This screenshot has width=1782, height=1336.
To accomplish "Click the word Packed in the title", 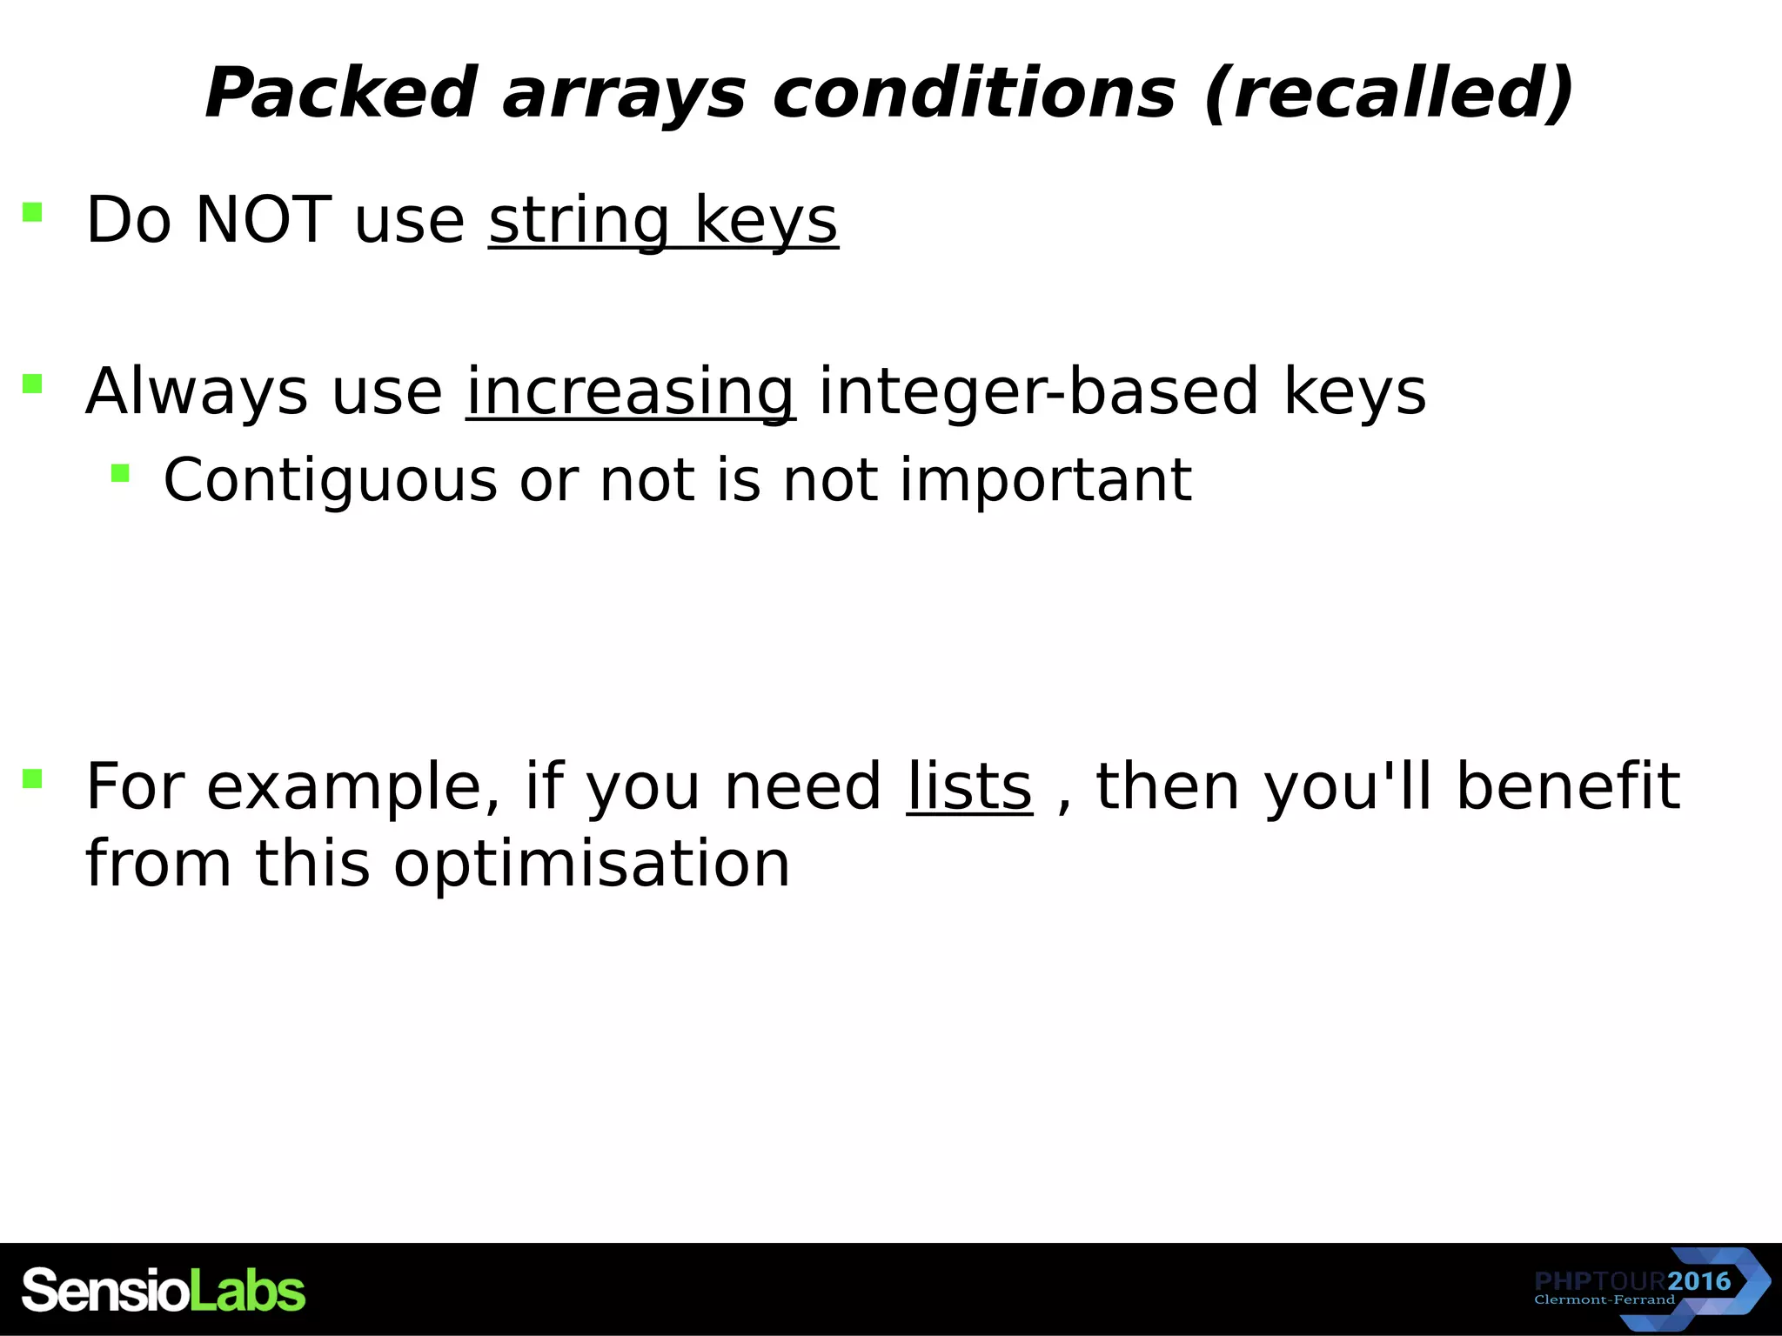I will (x=340, y=93).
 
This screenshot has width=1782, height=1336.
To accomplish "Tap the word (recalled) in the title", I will (x=1390, y=93).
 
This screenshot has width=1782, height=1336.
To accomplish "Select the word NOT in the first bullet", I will (x=261, y=220).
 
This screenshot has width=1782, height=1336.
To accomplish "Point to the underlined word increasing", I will (x=630, y=391).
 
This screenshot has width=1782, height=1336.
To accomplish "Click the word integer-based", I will (x=1039, y=391).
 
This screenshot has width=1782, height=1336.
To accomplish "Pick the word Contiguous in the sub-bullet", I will (x=331, y=480).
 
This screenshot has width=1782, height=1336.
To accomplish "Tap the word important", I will (x=1045, y=480).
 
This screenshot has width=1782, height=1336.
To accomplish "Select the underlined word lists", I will (x=969, y=786).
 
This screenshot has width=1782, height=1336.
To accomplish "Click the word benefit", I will (x=1567, y=786).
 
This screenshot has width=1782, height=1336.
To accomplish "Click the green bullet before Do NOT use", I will (x=32, y=212).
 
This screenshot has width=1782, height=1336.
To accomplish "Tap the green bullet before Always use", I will (x=32, y=384).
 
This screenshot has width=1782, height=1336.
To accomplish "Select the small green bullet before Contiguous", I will (x=120, y=473).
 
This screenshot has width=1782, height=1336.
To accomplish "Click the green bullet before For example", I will (x=32, y=778).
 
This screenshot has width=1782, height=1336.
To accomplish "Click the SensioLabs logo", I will (x=164, y=1291).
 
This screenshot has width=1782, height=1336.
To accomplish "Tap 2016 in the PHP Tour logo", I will (x=1699, y=1281).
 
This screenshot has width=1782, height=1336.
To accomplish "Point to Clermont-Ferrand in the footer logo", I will (x=1604, y=1300).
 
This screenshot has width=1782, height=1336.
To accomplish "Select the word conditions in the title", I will (x=974, y=93).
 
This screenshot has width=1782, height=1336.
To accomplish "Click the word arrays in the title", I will (x=624, y=93).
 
